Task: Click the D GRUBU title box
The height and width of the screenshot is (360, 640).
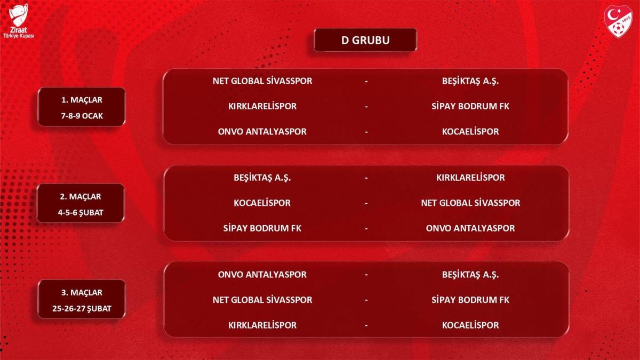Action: [365, 40]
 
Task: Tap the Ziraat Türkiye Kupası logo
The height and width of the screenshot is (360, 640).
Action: [19, 21]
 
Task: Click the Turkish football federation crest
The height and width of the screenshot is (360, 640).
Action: [618, 21]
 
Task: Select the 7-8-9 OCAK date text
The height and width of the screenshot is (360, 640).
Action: [82, 116]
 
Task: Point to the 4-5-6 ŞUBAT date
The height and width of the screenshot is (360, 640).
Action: [81, 213]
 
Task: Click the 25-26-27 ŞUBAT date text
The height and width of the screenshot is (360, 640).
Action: [82, 309]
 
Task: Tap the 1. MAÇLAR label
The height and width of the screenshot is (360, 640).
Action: [82, 100]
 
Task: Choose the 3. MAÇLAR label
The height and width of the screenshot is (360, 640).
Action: [82, 293]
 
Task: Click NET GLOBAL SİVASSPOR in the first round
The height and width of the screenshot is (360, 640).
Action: [262, 81]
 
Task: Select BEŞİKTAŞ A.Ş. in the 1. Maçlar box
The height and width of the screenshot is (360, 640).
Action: [470, 81]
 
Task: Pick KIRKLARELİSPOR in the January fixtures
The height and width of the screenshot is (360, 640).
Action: [262, 106]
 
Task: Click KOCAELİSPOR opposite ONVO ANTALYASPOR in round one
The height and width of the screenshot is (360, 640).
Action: [470, 132]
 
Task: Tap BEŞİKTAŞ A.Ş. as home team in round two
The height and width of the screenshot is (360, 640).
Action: [262, 178]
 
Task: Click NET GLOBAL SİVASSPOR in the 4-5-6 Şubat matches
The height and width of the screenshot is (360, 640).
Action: [470, 203]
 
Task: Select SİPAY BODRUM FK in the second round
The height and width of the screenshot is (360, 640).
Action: [262, 228]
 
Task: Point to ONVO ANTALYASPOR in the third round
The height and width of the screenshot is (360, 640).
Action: [262, 275]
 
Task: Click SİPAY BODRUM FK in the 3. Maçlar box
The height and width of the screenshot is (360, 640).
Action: [470, 300]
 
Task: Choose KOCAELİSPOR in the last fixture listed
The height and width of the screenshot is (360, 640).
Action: [470, 325]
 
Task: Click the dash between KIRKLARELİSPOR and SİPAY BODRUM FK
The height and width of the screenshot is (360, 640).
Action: [366, 107]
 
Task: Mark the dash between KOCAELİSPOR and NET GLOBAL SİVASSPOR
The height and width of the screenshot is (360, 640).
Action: [366, 204]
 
